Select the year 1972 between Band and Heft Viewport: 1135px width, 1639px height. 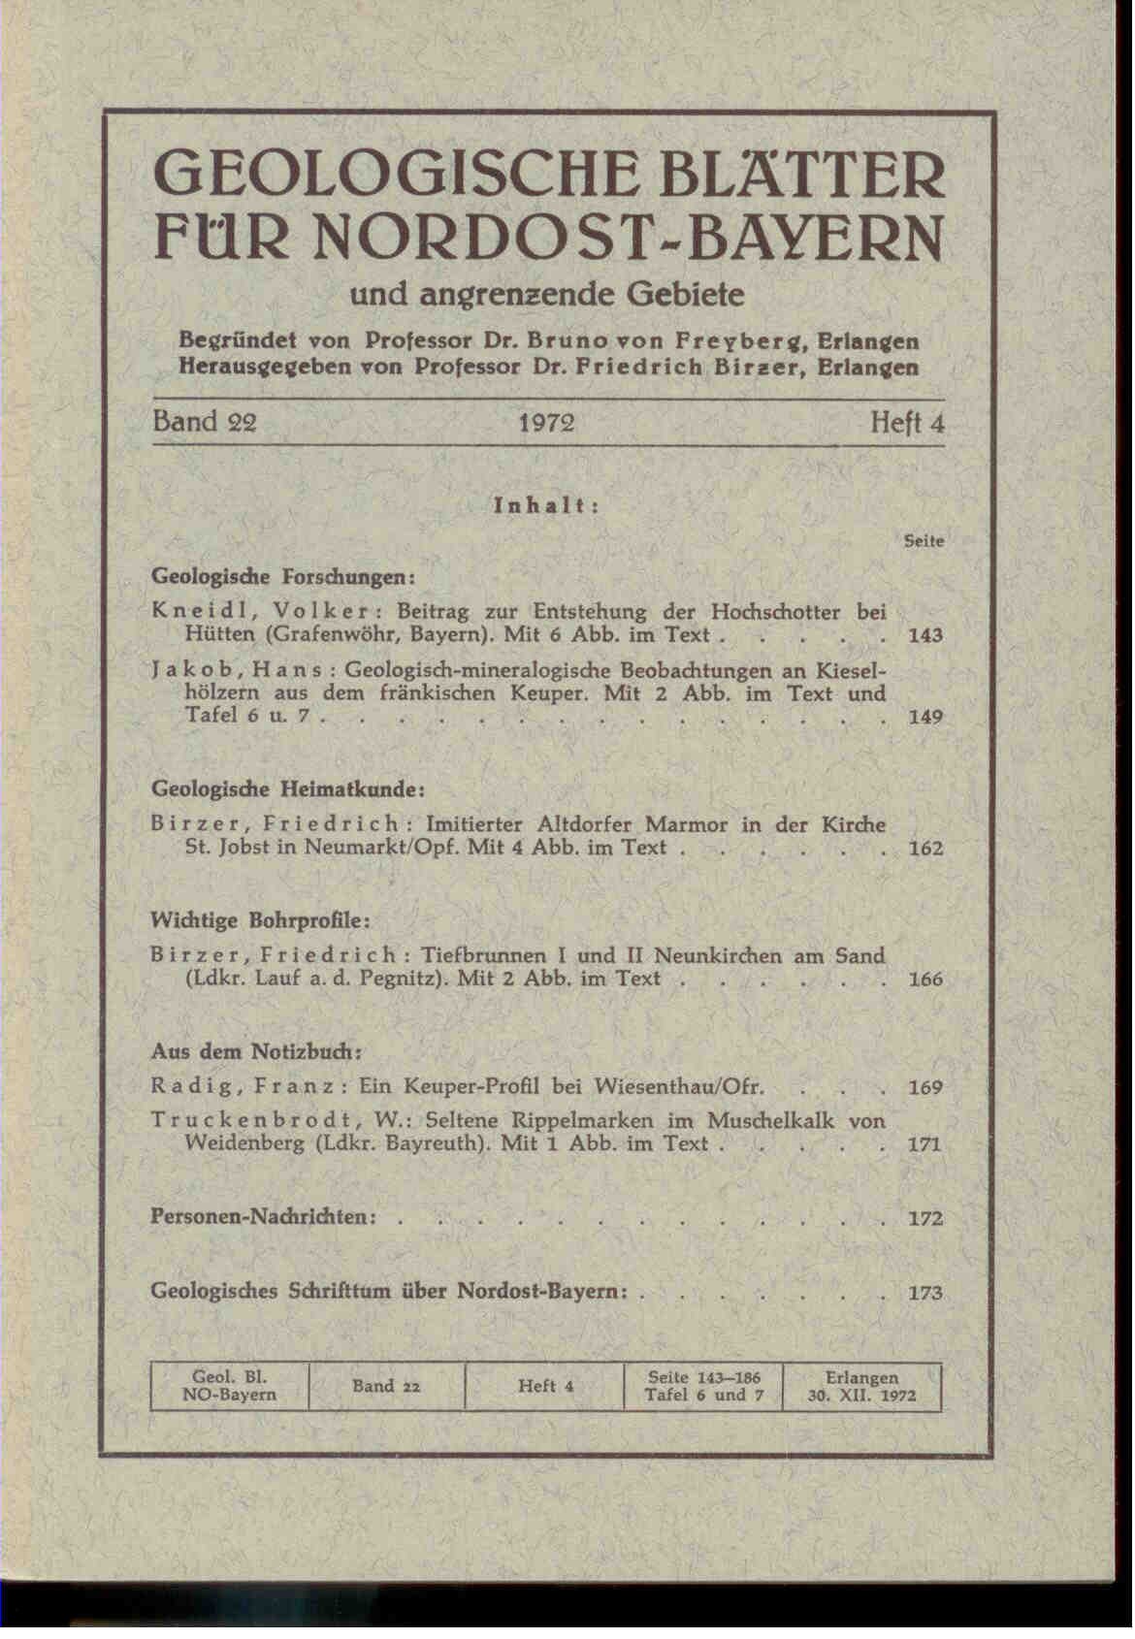coord(546,424)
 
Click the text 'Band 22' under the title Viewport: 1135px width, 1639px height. coord(205,423)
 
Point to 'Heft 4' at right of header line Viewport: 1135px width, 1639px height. coord(906,424)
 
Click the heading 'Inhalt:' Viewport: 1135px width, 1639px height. coord(546,505)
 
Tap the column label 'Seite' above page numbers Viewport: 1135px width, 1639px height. coord(924,541)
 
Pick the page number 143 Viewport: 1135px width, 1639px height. coord(925,636)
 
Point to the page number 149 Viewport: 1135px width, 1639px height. coord(925,718)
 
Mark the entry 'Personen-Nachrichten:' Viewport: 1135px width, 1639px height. coord(264,1217)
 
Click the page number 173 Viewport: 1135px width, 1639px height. coord(925,1293)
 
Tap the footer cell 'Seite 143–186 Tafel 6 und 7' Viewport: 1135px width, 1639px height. coord(703,1386)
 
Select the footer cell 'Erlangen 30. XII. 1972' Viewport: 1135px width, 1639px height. coord(861,1386)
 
